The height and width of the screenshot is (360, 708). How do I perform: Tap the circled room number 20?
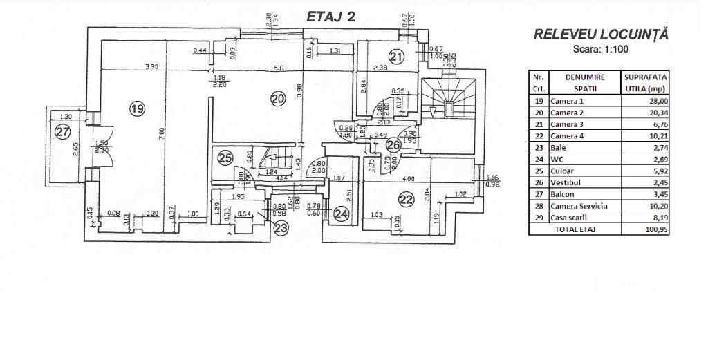[277, 99]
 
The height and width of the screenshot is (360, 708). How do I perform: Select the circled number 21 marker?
[395, 57]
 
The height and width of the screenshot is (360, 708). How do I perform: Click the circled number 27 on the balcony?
[63, 133]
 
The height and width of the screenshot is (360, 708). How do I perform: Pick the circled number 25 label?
[224, 158]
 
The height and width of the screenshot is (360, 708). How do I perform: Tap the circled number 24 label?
[340, 214]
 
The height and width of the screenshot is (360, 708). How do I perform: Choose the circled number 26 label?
[393, 144]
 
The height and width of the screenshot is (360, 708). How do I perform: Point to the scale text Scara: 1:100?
[600, 50]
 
